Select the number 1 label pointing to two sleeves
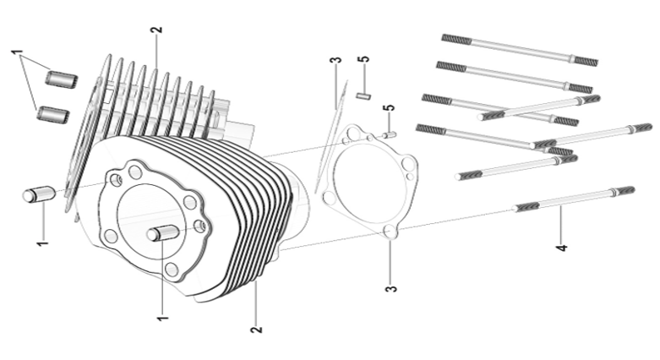pyautogui.click(x=16, y=52)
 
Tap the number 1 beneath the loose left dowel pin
pyautogui.click(x=42, y=243)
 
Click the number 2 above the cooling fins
pyautogui.click(x=156, y=30)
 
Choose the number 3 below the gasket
pyautogui.click(x=391, y=289)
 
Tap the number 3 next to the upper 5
pyautogui.click(x=335, y=60)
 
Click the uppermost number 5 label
pyautogui.click(x=364, y=59)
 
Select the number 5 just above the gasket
pyautogui.click(x=390, y=108)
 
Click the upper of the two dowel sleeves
pyautogui.click(x=62, y=79)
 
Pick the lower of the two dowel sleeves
pyautogui.click(x=53, y=113)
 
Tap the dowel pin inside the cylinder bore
pyautogui.click(x=163, y=233)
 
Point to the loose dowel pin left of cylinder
pyautogui.click(x=38, y=194)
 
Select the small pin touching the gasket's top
pyautogui.click(x=390, y=134)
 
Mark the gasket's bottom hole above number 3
pyautogui.click(x=390, y=232)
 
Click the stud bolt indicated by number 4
pyautogui.click(x=574, y=199)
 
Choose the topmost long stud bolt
pyautogui.click(x=520, y=50)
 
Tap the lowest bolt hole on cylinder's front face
pyautogui.click(x=172, y=269)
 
